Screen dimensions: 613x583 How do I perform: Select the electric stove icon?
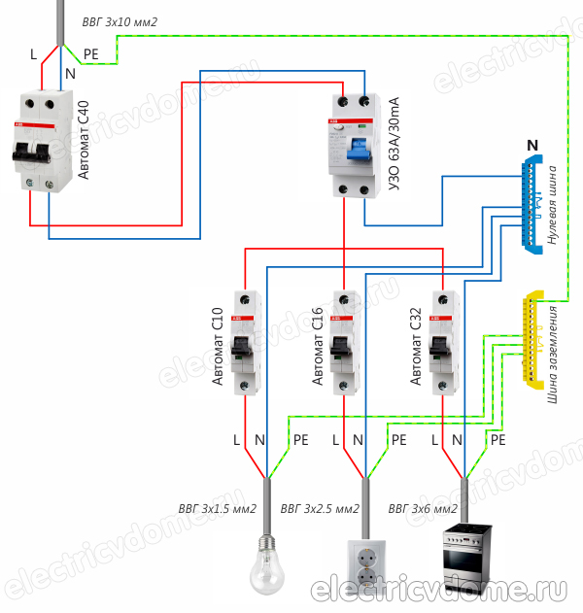(468, 562)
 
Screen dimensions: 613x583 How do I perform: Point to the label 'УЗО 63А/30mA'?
(394, 145)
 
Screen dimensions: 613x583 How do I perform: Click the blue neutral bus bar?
(532, 204)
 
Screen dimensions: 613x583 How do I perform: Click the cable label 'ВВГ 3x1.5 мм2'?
(217, 508)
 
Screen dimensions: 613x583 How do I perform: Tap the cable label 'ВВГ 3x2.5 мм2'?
(320, 508)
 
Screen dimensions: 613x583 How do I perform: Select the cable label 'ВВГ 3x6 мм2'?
(423, 508)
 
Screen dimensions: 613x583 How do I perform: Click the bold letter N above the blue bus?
(532, 146)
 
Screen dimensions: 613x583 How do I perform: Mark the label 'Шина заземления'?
(554, 354)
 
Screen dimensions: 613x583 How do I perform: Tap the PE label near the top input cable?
(91, 55)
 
